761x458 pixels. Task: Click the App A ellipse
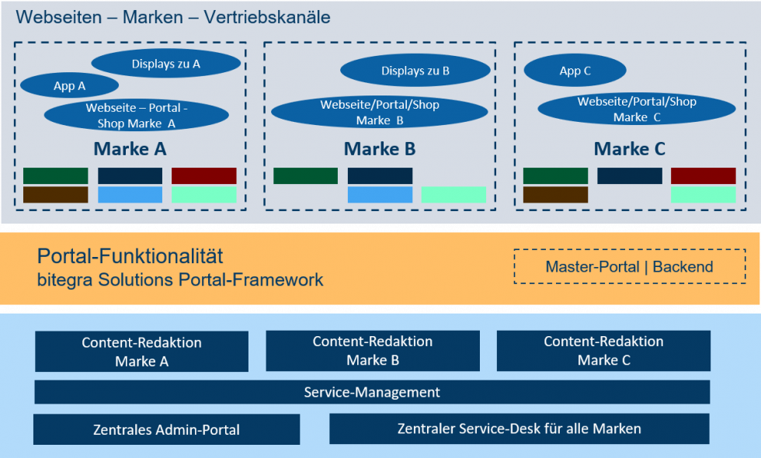point(69,85)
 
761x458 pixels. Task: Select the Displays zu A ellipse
point(165,64)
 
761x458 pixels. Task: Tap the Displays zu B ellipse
point(415,71)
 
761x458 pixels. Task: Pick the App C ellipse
point(575,71)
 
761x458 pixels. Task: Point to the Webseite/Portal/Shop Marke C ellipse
point(636,109)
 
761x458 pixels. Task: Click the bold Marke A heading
point(130,148)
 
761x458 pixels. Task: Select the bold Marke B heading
point(380,148)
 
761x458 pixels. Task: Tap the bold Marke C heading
point(630,148)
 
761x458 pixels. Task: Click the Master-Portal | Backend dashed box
point(629,267)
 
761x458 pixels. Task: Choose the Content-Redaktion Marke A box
point(141,352)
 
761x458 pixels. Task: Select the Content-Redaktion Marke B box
point(373,351)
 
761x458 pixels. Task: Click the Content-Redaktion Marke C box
point(603,351)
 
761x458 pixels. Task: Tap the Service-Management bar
point(372,392)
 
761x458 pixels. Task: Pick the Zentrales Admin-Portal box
point(166,429)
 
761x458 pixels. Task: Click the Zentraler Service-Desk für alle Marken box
point(519,429)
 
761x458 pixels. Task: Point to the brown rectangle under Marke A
point(55,195)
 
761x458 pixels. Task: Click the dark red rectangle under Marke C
point(703,176)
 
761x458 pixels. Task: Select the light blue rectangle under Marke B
point(379,195)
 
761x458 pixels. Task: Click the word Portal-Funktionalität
point(130,256)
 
